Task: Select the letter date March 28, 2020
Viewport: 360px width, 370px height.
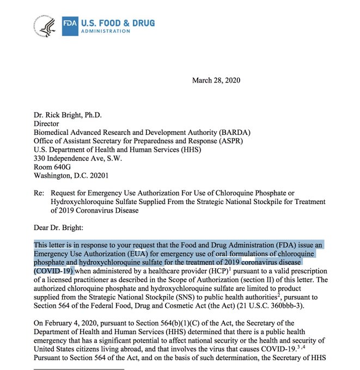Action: tap(216, 81)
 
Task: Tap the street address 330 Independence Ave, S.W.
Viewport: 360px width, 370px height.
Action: tap(79, 143)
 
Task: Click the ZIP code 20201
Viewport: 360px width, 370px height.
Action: tap(97, 161)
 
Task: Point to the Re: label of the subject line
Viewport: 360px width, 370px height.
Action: tap(39, 178)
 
